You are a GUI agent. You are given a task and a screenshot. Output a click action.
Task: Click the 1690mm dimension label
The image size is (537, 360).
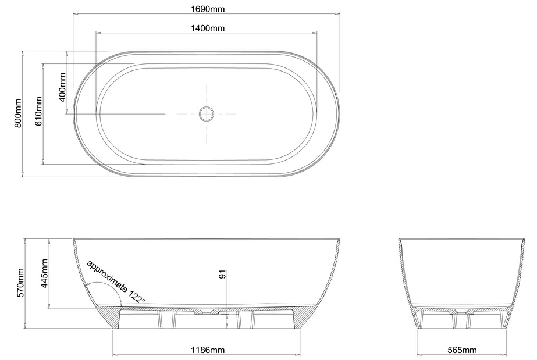pyautogui.click(x=208, y=9)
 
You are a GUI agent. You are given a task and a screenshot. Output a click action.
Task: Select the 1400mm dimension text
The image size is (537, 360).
pyautogui.click(x=208, y=28)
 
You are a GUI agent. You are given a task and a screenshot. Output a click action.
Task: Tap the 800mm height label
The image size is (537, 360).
pyautogui.click(x=18, y=113)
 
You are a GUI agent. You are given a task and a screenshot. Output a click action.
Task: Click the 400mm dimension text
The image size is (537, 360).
pyautogui.click(x=62, y=87)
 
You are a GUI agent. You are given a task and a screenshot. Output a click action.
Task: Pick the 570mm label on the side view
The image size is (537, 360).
pyautogui.click(x=20, y=283)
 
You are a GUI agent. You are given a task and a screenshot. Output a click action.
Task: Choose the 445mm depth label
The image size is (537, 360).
pyautogui.click(x=44, y=273)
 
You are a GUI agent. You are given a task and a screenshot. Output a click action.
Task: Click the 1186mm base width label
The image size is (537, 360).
pyautogui.click(x=208, y=350)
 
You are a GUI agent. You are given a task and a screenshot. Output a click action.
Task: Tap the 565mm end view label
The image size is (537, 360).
pyautogui.click(x=462, y=350)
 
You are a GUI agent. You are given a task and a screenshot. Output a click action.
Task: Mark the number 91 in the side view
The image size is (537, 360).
pyautogui.click(x=223, y=275)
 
